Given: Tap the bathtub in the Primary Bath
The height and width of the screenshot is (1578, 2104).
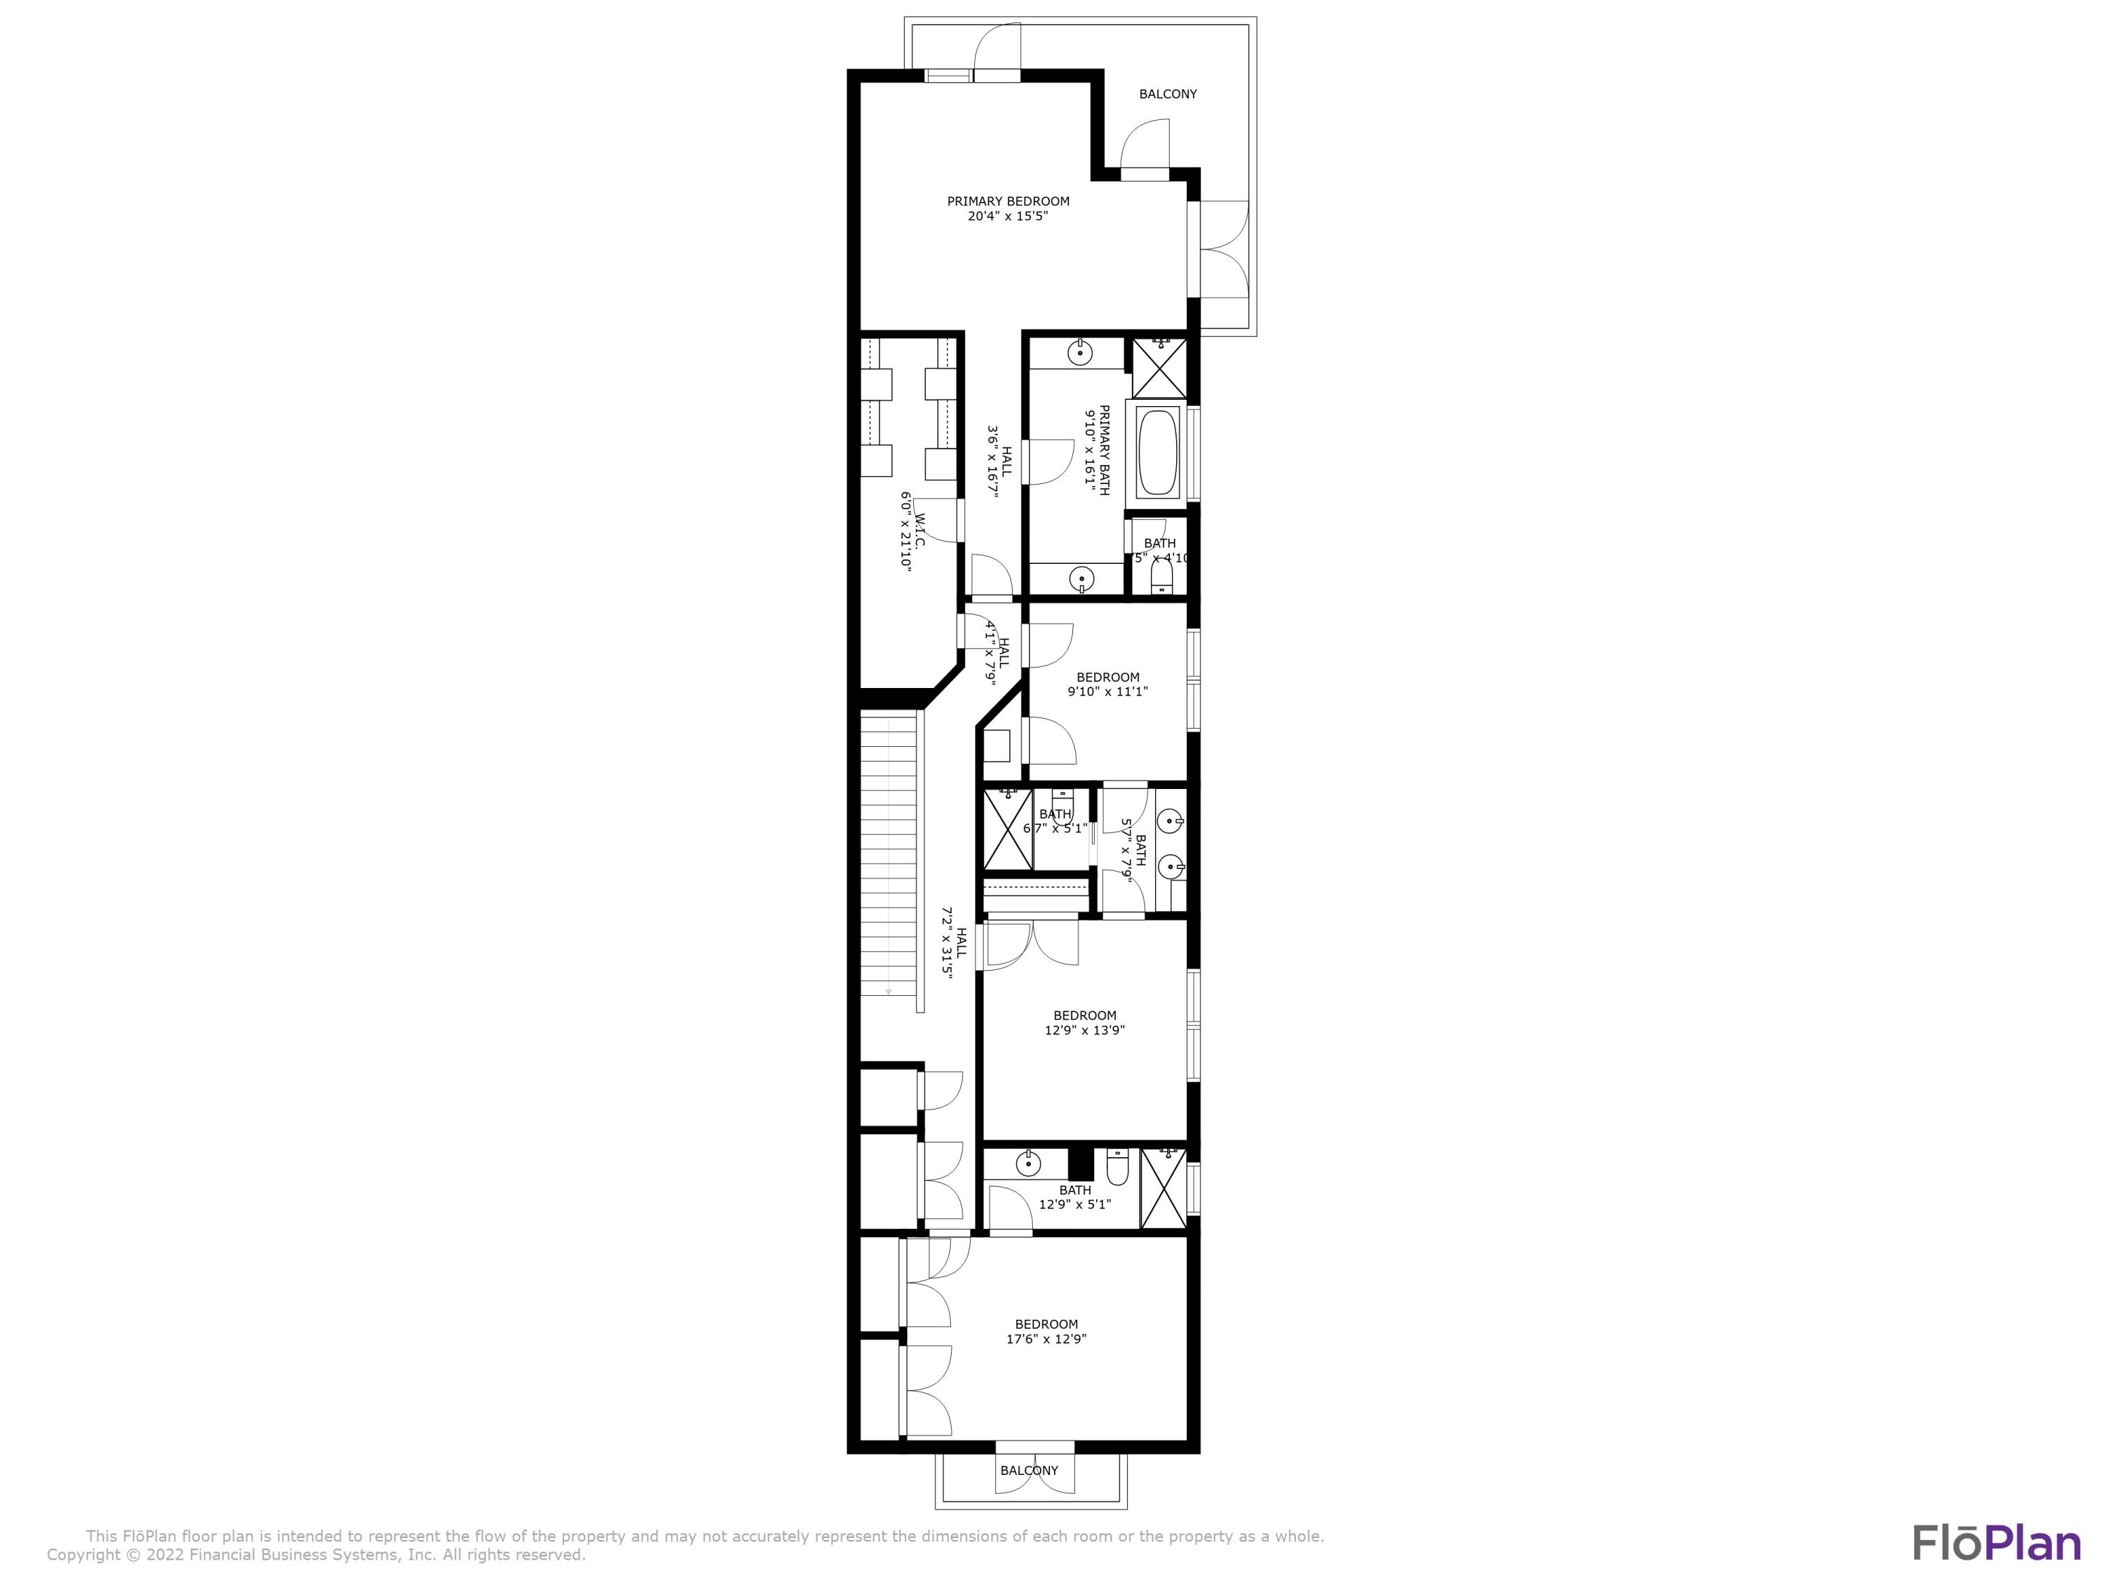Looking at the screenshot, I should (x=1158, y=452).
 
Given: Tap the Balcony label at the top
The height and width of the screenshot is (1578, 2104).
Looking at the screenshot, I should (x=1168, y=94).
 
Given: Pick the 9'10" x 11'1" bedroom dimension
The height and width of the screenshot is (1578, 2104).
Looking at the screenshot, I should (x=1107, y=692).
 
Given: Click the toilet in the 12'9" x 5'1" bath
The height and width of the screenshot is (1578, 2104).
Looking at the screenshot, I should (x=1118, y=1168).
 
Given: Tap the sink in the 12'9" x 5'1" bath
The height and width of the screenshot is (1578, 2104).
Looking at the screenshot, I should (x=1027, y=1162).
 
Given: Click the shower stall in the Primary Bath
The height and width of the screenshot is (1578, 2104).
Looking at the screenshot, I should (x=1159, y=368).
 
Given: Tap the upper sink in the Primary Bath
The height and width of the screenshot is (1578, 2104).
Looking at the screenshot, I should (x=1079, y=353).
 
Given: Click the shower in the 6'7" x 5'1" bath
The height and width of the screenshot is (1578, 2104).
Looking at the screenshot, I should (x=1007, y=828).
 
